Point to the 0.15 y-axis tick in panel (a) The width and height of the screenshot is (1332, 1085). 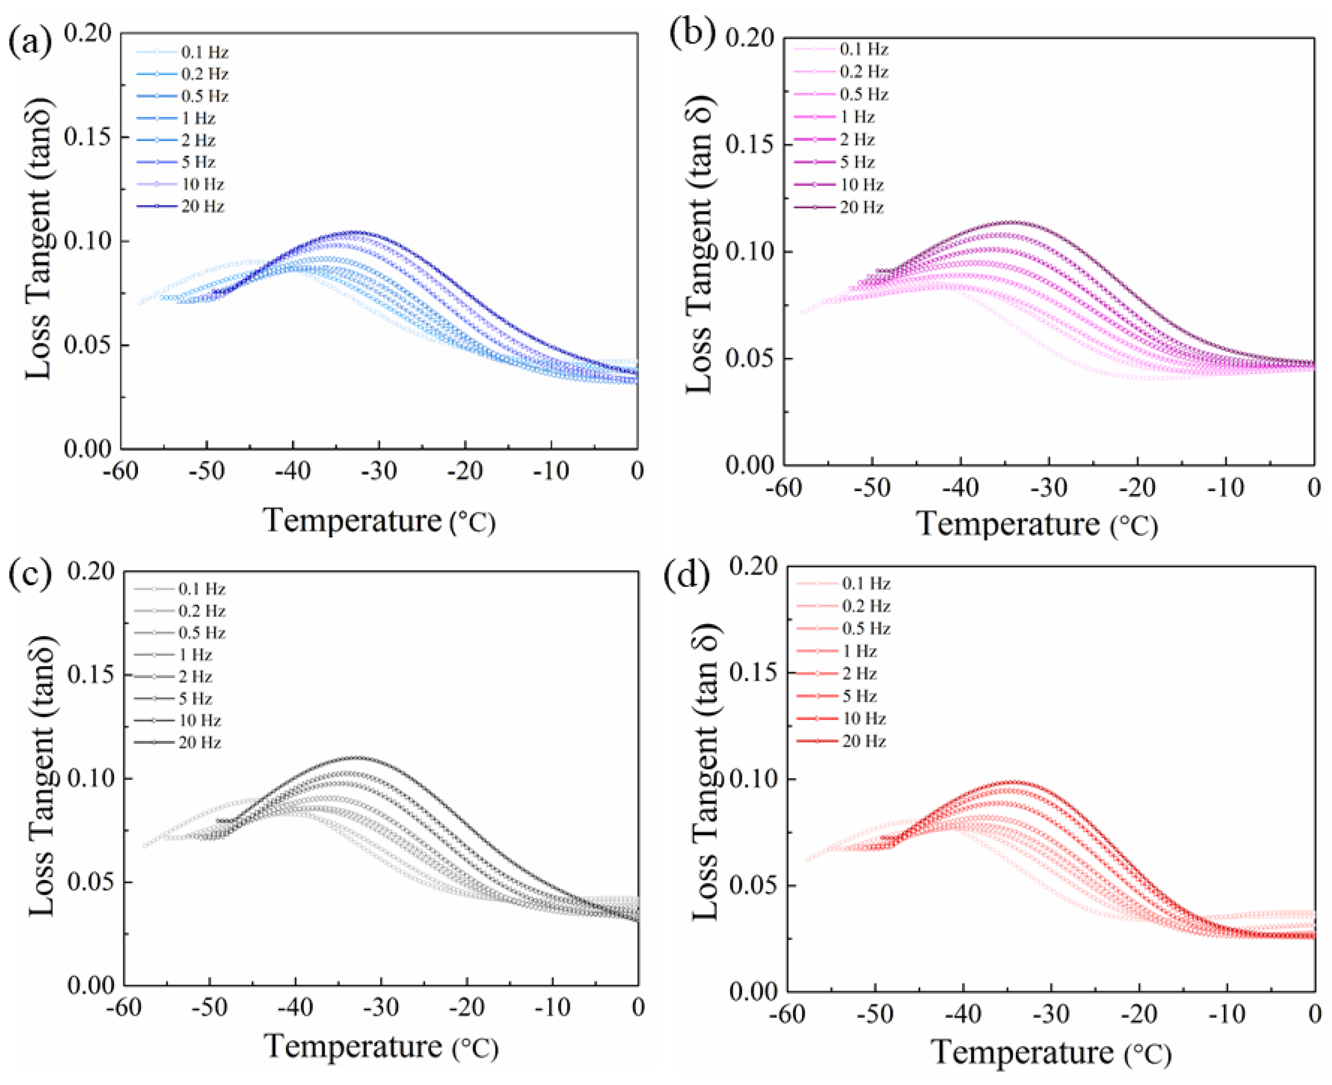(87, 137)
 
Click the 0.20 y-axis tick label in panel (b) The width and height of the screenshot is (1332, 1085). (750, 39)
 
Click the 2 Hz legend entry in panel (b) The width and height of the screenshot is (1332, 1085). (856, 140)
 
